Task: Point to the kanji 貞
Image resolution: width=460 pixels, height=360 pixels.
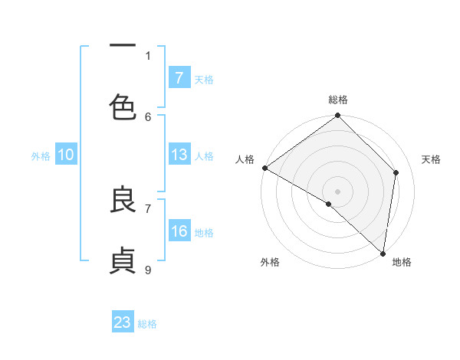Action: pyautogui.click(x=123, y=261)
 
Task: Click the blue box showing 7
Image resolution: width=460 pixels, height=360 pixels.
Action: pyautogui.click(x=179, y=78)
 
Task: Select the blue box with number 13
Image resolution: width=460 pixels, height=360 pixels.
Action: pyautogui.click(x=179, y=155)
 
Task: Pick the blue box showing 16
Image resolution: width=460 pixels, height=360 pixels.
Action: pyautogui.click(x=179, y=231)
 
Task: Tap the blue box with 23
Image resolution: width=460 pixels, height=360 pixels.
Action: pyautogui.click(x=123, y=322)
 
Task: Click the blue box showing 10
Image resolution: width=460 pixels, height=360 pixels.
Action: pyautogui.click(x=66, y=155)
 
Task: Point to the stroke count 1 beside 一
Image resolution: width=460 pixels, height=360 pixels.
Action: pyautogui.click(x=148, y=55)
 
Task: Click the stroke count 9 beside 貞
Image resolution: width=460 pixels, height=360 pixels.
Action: pyautogui.click(x=148, y=269)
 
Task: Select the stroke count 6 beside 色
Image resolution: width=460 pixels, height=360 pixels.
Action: pyautogui.click(x=148, y=116)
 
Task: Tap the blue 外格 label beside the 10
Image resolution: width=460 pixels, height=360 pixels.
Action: pyautogui.click(x=41, y=156)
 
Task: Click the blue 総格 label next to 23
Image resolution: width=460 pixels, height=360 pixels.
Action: pyautogui.click(x=147, y=324)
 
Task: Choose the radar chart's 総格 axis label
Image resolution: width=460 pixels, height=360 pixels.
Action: pyautogui.click(x=338, y=100)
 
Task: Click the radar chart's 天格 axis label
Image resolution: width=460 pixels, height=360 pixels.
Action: pyautogui.click(x=432, y=159)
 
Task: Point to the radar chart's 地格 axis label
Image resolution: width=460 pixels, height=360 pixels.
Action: pyautogui.click(x=402, y=263)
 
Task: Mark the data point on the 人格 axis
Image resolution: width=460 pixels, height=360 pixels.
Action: pyautogui.click(x=264, y=168)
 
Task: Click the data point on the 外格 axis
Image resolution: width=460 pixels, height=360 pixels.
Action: pyautogui.click(x=329, y=204)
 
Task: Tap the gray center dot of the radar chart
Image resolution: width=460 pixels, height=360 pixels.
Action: pyautogui.click(x=338, y=191)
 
